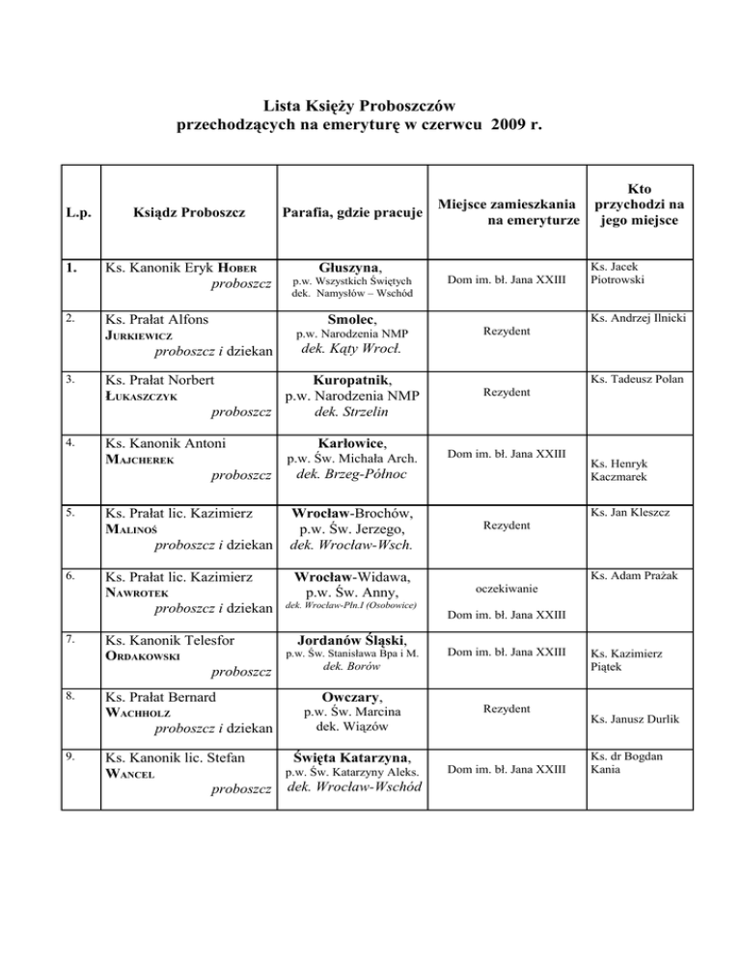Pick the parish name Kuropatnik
click(x=351, y=382)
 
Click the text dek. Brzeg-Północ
click(x=351, y=475)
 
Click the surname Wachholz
click(x=138, y=713)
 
